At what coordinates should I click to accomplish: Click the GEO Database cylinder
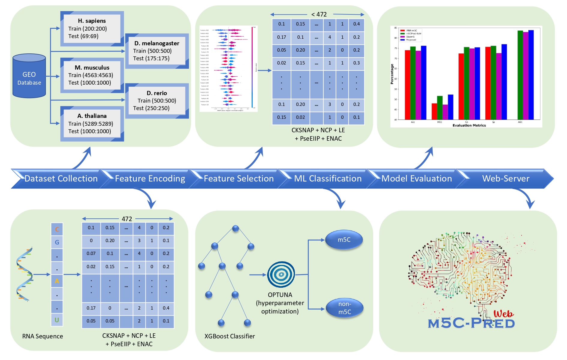[29, 76]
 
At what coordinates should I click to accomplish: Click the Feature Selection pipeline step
[238, 178]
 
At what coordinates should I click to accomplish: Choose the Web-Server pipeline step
[505, 178]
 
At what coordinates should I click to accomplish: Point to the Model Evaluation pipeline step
[416, 178]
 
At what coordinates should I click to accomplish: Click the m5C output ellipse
[344, 240]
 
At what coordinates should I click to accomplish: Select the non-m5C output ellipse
[344, 308]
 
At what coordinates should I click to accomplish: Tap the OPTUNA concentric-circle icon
[281, 274]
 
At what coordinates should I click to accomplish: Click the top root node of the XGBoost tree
[235, 229]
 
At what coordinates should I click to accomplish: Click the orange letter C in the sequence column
[57, 229]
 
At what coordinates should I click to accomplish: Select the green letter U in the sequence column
[57, 320]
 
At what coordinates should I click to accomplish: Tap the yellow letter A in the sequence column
[57, 281]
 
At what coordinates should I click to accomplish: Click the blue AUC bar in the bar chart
[531, 75]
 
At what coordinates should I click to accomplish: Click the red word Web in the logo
[503, 314]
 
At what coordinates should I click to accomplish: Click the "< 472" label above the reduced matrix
[319, 14]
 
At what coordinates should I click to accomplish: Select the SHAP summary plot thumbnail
[228, 69]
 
